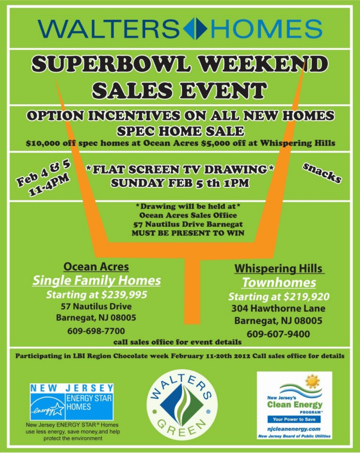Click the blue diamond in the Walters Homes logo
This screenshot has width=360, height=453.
click(x=195, y=29)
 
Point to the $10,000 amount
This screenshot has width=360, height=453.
click(x=43, y=143)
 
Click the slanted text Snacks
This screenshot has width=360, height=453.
click(x=322, y=173)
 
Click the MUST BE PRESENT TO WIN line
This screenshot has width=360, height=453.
click(x=188, y=233)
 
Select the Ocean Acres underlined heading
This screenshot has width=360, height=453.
click(x=96, y=267)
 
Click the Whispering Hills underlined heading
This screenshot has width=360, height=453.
click(x=279, y=269)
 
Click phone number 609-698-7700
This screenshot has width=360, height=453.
click(x=96, y=331)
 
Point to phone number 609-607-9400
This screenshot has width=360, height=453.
click(x=278, y=334)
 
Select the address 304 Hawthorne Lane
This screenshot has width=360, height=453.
click(x=278, y=308)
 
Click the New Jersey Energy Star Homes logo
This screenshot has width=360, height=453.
click(x=72, y=402)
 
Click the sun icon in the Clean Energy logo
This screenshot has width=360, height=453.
click(x=312, y=382)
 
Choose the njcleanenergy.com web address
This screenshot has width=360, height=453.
click(x=294, y=429)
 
